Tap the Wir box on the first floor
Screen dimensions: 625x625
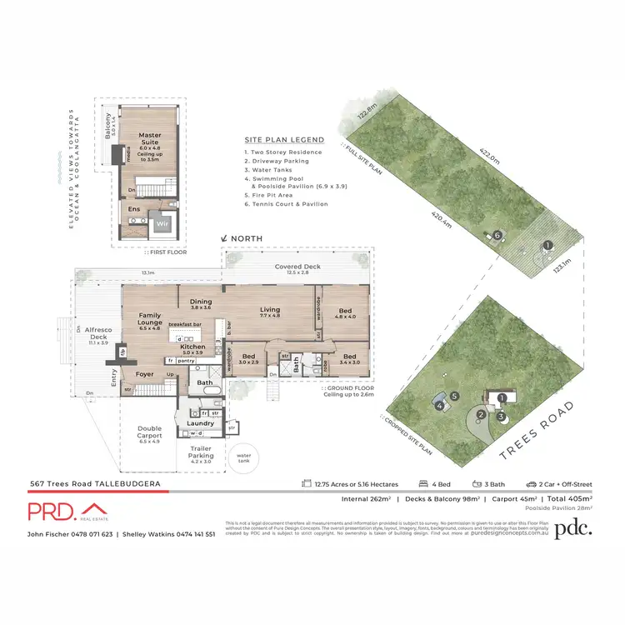tap(162, 224)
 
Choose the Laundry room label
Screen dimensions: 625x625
tap(200, 423)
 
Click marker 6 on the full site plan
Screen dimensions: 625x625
tap(497, 236)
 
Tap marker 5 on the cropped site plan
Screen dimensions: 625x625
tap(454, 396)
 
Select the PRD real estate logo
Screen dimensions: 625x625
tap(67, 512)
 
